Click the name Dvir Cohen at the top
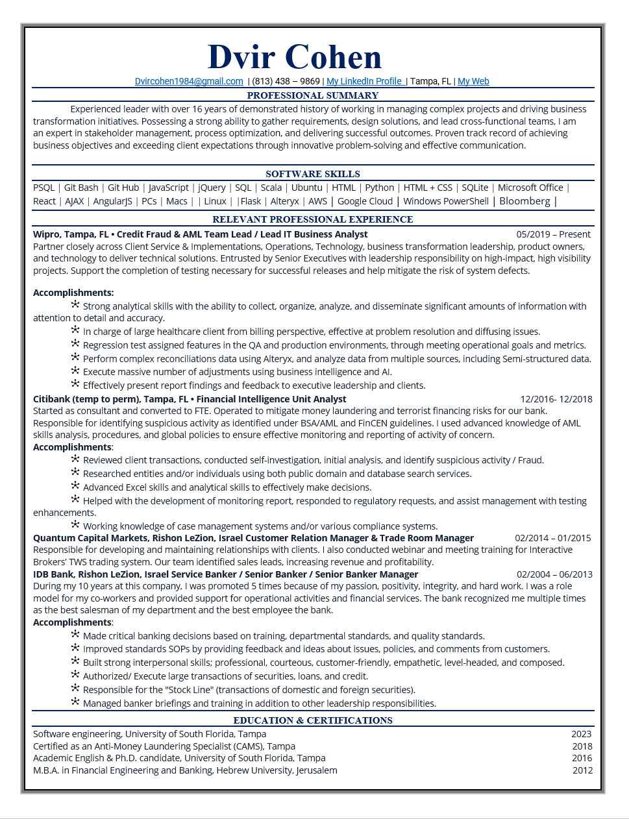click(295, 57)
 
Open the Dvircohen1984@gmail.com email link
click(189, 81)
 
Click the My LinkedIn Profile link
click(365, 81)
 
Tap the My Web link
click(473, 81)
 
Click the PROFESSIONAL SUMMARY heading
click(313, 95)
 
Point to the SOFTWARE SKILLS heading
click(313, 174)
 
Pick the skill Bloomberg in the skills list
click(524, 201)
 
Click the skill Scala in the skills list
click(271, 188)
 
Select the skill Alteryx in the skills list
click(284, 201)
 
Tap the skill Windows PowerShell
click(446, 201)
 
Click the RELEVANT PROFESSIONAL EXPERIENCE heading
click(313, 219)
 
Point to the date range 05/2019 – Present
click(553, 234)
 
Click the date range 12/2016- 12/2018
click(556, 399)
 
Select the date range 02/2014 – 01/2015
click(553, 538)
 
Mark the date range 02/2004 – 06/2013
click(554, 574)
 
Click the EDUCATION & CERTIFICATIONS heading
click(313, 720)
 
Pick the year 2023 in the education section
click(581, 734)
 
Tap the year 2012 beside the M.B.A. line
click(582, 770)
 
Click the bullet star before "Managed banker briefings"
click(75, 702)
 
